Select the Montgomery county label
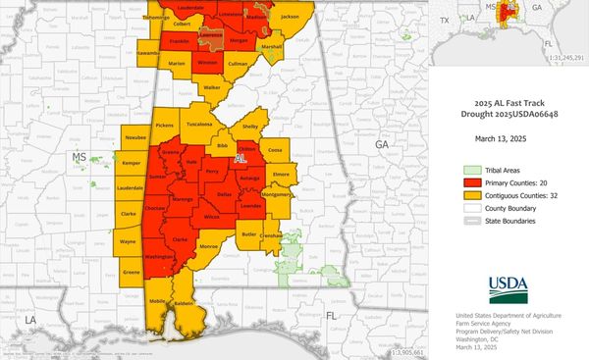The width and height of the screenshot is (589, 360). click(x=276, y=194)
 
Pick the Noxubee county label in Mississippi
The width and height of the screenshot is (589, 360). click(x=135, y=139)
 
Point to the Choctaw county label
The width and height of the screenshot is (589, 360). click(x=154, y=209)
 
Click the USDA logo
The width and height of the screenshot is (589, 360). click(x=507, y=288)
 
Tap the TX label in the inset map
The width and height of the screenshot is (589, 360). click(x=445, y=20)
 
